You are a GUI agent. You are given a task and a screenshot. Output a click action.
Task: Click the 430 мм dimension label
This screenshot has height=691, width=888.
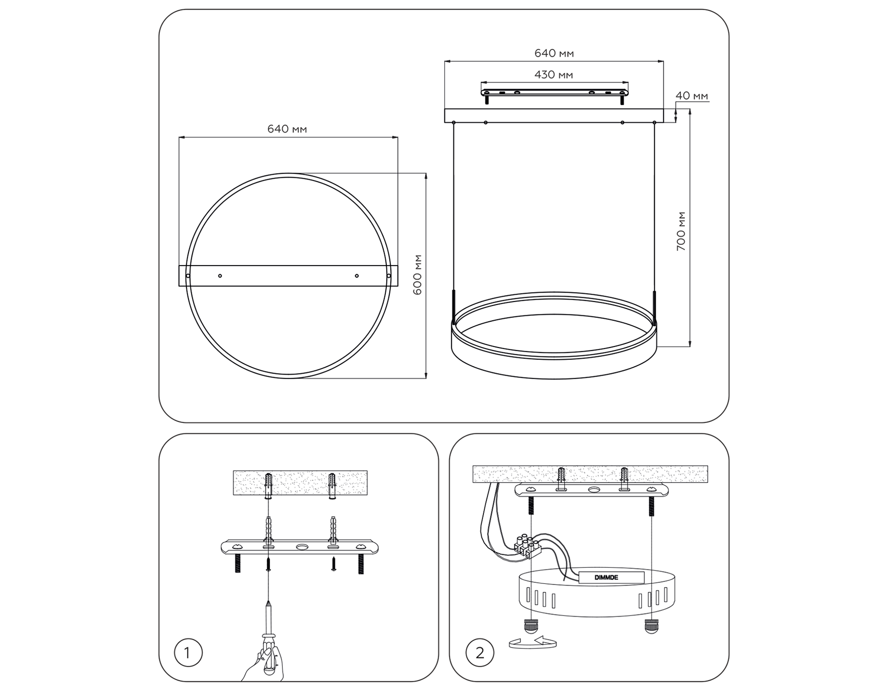point(554,75)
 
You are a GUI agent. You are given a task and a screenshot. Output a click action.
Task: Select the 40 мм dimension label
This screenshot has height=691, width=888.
point(691,96)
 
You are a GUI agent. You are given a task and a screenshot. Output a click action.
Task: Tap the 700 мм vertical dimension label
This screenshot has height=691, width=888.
point(681,231)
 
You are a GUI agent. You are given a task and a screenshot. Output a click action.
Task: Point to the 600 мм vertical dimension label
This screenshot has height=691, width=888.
point(417,275)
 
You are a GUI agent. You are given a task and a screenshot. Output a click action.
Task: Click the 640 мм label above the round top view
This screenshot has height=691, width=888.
point(287,129)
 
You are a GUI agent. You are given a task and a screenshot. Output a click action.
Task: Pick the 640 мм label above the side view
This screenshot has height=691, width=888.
point(554,53)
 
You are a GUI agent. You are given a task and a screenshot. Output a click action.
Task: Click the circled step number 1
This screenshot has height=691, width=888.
point(188,653)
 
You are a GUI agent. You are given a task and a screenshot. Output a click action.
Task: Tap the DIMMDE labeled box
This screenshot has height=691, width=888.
point(611,577)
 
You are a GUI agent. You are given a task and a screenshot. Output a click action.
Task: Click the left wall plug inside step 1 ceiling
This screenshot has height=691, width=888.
point(269,485)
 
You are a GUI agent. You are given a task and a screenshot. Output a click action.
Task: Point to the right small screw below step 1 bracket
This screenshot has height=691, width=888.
point(334,564)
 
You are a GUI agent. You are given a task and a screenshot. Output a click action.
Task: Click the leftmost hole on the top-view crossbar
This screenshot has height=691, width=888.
point(188,276)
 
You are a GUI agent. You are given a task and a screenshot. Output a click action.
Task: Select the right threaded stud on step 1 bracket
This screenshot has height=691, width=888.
point(360,564)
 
